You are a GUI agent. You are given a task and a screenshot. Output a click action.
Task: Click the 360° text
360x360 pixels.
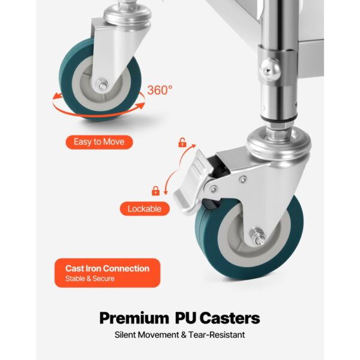pos(160,90)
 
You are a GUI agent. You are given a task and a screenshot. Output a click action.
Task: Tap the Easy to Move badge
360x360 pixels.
pos(99,142)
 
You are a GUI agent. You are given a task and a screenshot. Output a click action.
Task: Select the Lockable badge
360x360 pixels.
pos(145,209)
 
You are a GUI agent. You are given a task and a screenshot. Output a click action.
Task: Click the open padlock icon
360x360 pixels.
pos(182,143)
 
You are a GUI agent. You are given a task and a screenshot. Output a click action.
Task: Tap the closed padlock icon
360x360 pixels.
pos(155,191)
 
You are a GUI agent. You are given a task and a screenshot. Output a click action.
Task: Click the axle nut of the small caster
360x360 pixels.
pos(103,84)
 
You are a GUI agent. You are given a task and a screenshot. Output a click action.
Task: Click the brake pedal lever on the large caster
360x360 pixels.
pos(190,182)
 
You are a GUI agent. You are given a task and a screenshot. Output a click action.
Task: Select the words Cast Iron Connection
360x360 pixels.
pos(107,268)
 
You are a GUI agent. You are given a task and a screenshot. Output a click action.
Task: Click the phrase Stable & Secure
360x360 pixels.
pos(90,279)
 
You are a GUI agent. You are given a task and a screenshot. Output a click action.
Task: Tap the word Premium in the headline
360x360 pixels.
pos(134,318)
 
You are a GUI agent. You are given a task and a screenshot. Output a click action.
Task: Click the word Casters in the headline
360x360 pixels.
pos(230,318)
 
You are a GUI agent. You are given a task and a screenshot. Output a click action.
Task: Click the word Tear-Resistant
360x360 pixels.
pos(217,335)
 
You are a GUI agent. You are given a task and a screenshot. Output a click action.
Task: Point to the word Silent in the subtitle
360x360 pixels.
pos(125,335)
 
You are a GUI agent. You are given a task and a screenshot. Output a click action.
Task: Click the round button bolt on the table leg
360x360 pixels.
pos(270,68)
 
